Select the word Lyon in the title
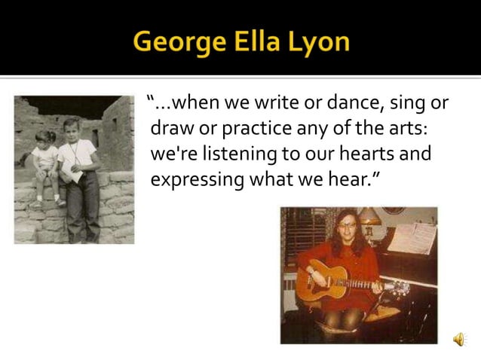point(321,41)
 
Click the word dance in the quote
point(317,102)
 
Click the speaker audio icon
point(458,340)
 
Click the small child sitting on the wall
point(44,161)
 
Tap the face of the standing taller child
point(72,130)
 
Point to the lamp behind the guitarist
point(371,218)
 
